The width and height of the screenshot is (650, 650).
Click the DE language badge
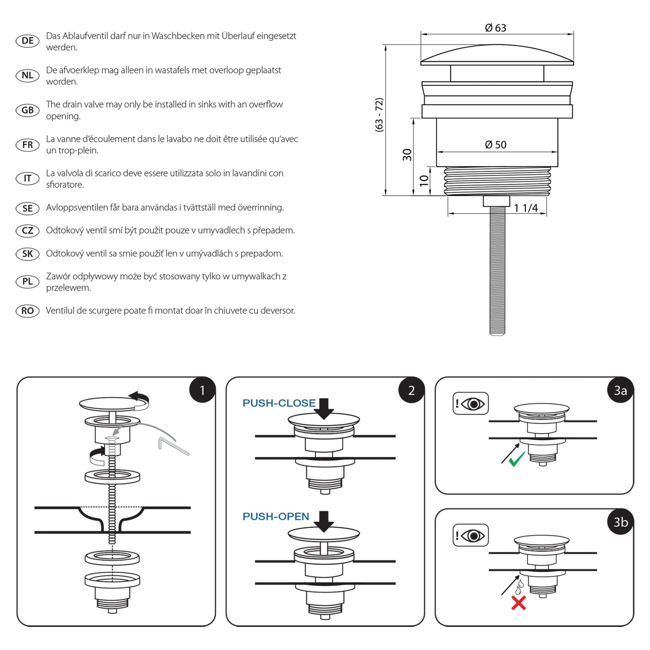(28, 41)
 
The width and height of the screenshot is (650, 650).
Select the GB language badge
(28, 110)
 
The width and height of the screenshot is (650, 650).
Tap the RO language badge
(28, 311)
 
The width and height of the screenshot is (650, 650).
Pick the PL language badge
(28, 282)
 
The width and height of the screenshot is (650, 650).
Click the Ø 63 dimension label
(495, 28)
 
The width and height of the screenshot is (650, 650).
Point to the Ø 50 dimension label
(495, 145)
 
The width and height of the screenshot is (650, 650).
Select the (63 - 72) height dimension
(379, 115)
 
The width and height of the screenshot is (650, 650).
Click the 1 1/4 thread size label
(525, 208)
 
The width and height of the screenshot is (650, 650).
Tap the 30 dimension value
(407, 155)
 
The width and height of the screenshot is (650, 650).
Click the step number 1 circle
(202, 390)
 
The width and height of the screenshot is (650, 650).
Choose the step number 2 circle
(411, 390)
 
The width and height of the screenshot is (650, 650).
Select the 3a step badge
(620, 390)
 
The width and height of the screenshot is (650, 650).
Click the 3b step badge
(620, 522)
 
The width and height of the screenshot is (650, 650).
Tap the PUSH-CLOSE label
(279, 403)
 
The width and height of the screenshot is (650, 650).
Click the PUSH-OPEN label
(276, 516)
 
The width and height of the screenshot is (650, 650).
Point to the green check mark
(517, 459)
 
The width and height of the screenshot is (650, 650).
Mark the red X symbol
(518, 603)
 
